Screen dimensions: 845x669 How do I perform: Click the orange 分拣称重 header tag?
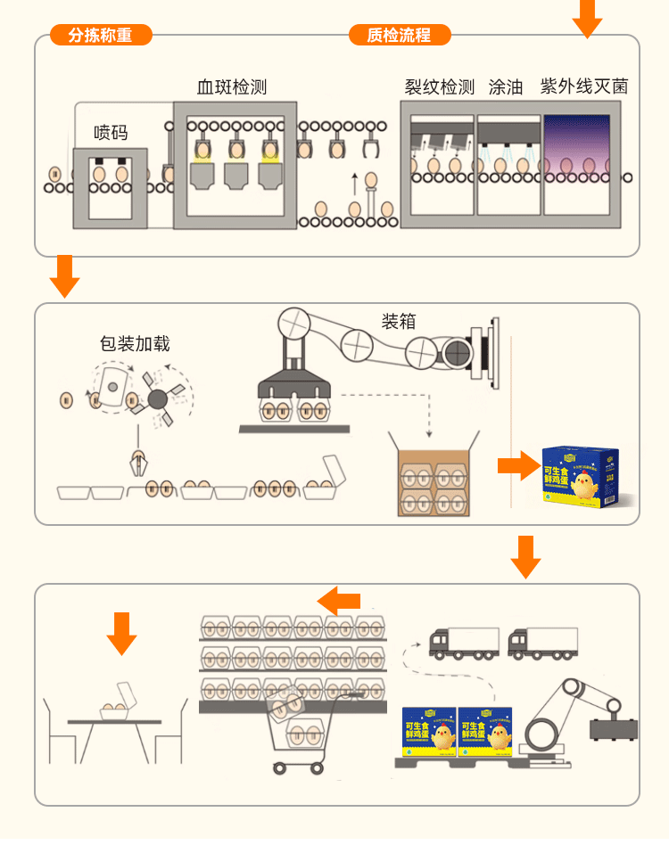click(x=100, y=36)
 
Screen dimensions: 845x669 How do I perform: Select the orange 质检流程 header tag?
click(x=399, y=36)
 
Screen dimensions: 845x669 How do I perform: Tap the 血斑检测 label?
click(x=232, y=86)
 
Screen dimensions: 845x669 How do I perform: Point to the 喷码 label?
click(x=111, y=133)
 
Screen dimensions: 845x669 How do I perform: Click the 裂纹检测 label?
click(x=440, y=86)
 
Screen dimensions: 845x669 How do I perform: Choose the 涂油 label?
click(x=506, y=86)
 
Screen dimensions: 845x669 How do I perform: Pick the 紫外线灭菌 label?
click(x=584, y=86)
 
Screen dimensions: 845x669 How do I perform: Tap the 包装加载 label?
click(x=135, y=343)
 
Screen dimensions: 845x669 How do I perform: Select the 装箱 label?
click(x=399, y=321)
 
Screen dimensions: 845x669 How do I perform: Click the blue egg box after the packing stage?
click(x=580, y=477)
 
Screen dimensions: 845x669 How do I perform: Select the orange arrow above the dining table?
click(x=121, y=632)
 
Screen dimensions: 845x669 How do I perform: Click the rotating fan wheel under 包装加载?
click(x=158, y=399)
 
